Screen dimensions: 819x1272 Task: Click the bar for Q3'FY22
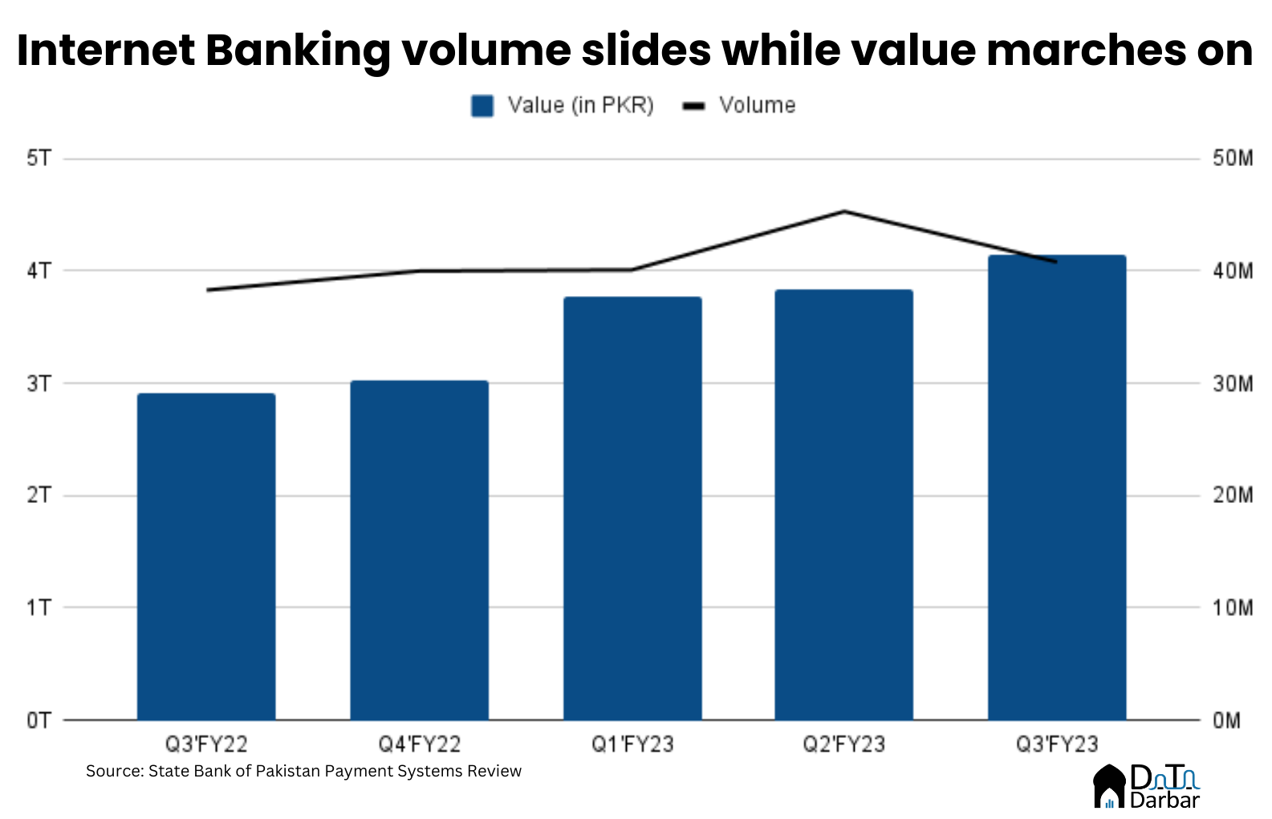point(206,557)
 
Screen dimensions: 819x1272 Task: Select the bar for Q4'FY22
point(419,550)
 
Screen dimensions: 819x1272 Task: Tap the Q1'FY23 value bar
point(632,509)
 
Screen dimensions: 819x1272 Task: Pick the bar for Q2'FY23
point(843,505)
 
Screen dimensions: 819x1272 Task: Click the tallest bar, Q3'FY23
point(1057,488)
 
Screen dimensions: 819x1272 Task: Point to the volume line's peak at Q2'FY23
point(844,212)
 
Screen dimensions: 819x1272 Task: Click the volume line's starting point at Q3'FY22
point(208,290)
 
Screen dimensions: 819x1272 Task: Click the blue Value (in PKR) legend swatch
point(482,106)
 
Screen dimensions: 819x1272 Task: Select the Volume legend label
point(757,106)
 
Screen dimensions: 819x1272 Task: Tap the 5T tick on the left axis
point(39,158)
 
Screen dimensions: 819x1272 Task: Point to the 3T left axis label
point(39,383)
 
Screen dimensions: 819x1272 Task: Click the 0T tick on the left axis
point(39,720)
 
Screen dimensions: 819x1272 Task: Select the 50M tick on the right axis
point(1232,158)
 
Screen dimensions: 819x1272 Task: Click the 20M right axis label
point(1232,495)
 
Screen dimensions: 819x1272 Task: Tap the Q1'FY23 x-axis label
point(632,744)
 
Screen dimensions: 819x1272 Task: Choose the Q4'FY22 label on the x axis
point(419,744)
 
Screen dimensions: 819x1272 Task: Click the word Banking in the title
point(297,51)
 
